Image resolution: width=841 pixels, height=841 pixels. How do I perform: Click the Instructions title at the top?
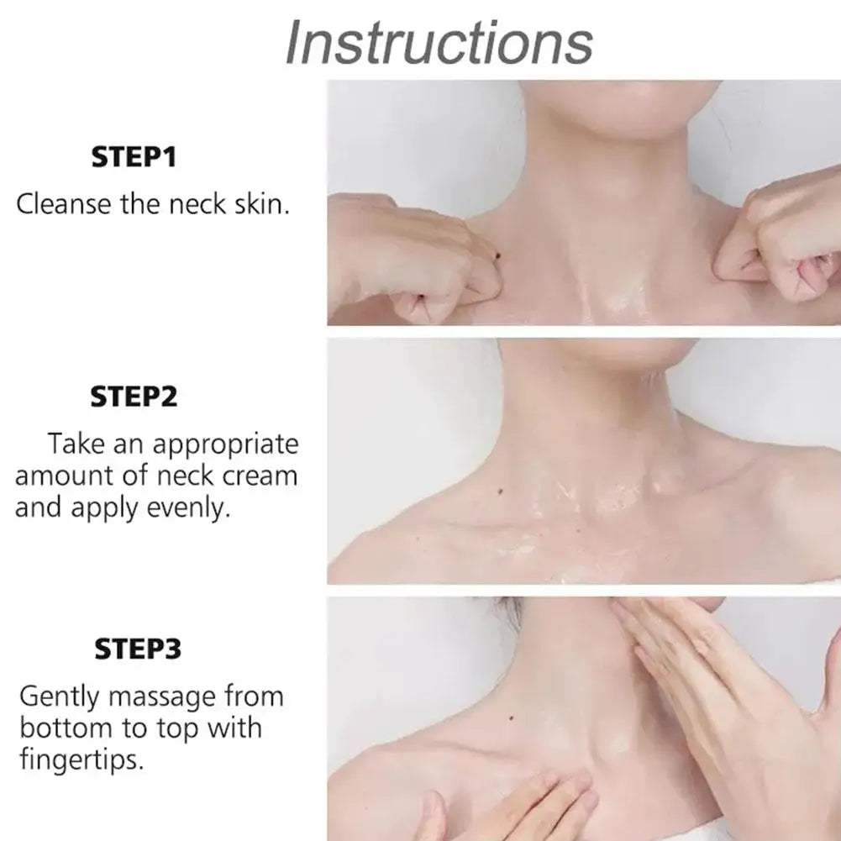tap(439, 41)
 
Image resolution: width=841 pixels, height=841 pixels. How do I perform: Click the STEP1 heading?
tap(134, 157)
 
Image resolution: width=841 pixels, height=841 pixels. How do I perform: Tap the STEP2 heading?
tap(134, 396)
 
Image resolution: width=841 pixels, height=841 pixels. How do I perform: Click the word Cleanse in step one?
tap(64, 204)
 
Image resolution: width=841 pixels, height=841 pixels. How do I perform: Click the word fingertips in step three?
tap(81, 760)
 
